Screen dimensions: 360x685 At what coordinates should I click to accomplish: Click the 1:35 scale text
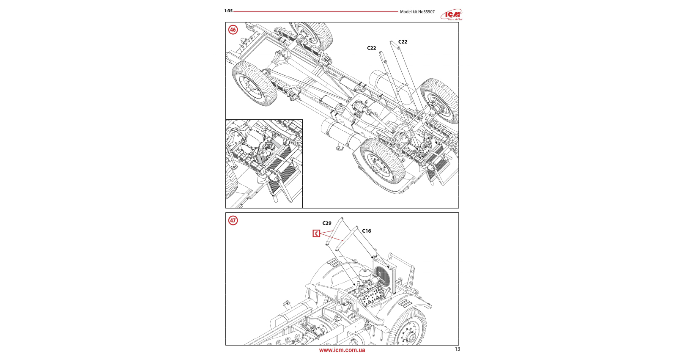click(x=228, y=11)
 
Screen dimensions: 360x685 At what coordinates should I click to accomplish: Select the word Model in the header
click(x=406, y=12)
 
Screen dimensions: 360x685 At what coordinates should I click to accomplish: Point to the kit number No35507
click(x=426, y=12)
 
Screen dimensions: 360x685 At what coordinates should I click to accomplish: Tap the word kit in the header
click(x=415, y=12)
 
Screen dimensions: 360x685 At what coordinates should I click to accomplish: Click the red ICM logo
click(x=452, y=15)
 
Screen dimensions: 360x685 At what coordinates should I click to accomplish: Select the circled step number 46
click(x=233, y=30)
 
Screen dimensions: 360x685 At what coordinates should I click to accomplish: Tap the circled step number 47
click(x=233, y=220)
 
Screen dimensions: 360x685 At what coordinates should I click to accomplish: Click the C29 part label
click(x=327, y=223)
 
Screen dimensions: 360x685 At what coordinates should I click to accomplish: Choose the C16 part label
click(x=367, y=231)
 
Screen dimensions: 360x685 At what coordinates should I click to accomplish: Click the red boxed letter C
click(x=316, y=234)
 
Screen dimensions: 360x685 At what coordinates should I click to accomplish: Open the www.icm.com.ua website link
click(x=342, y=350)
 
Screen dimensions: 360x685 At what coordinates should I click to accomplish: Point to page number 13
click(x=457, y=349)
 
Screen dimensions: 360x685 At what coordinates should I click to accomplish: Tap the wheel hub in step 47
click(x=409, y=334)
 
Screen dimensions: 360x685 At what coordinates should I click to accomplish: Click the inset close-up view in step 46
click(x=264, y=164)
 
